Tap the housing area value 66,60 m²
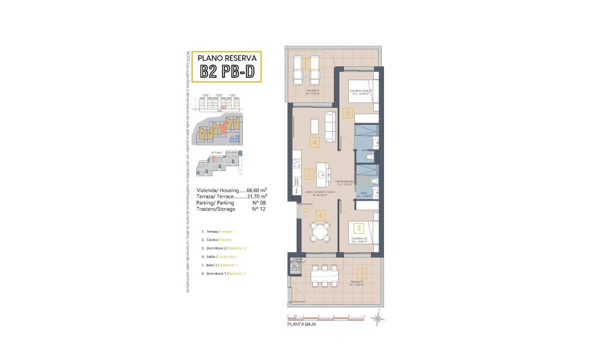[256, 190]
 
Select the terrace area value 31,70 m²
[256, 196]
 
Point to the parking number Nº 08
[259, 202]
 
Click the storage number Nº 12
[259, 209]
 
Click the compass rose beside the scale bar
[378, 319]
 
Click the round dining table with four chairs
[320, 232]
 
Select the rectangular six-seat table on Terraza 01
[323, 275]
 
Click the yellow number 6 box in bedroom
[348, 113]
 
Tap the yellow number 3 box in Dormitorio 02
[359, 228]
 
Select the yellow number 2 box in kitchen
[308, 173]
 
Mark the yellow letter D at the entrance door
[305, 210]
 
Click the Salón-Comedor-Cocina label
[319, 192]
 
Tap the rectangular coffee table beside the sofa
[315, 126]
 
